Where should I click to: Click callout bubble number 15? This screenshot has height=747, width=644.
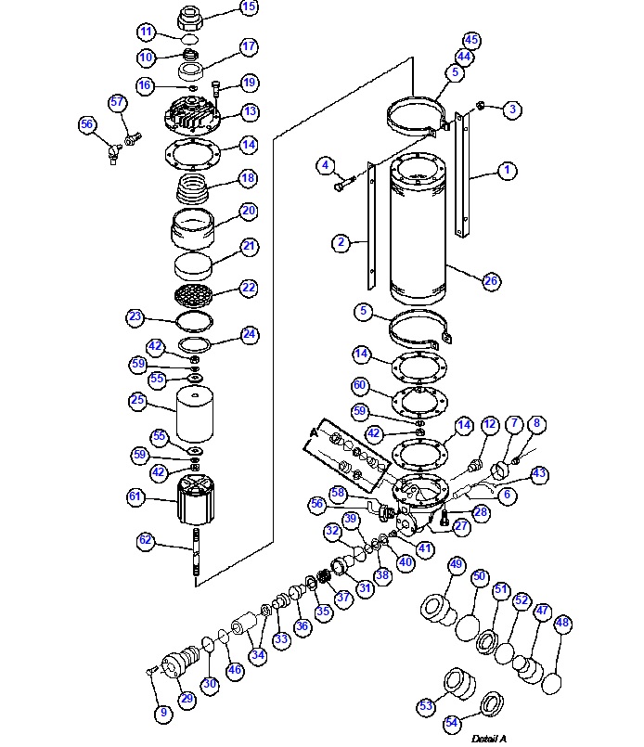click(249, 7)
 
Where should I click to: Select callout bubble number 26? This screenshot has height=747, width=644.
click(491, 279)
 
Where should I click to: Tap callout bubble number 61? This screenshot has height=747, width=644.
click(136, 497)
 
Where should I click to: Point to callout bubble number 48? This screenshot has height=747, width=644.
click(561, 625)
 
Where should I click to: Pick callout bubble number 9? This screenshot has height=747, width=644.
click(163, 713)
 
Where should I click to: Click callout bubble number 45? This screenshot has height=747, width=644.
click(471, 40)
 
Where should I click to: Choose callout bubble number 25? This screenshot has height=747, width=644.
click(137, 401)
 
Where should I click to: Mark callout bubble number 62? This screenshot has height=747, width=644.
click(145, 539)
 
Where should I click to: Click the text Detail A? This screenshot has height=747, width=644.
click(488, 739)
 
